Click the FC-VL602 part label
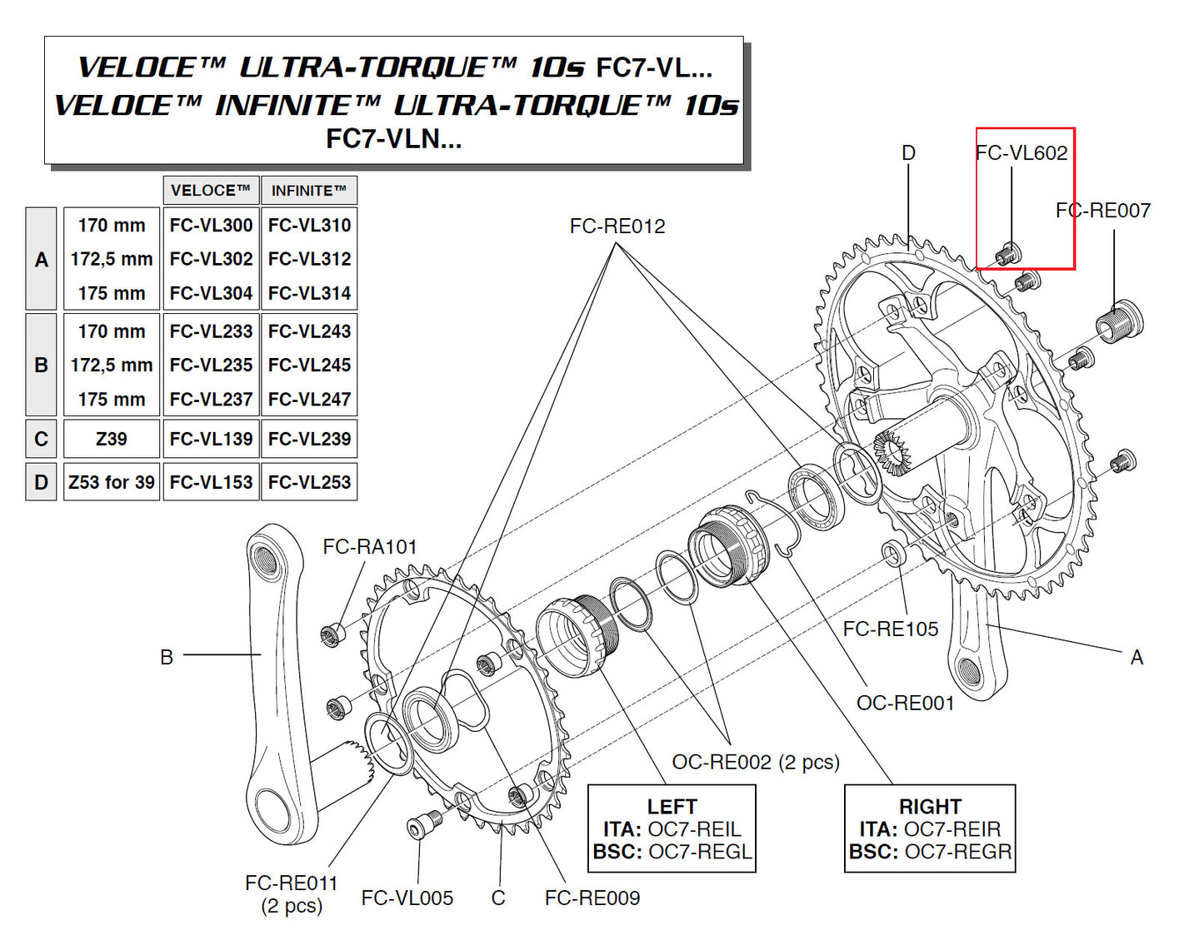[x=1022, y=152]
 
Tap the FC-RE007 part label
[x=1102, y=211]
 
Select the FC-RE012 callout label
[x=617, y=226]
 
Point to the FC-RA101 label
[x=369, y=546]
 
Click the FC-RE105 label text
[x=890, y=629]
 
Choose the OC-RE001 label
[x=905, y=703]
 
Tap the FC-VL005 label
[x=407, y=898]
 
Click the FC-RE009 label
[x=592, y=898]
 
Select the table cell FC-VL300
[x=211, y=225]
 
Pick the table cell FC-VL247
[x=309, y=399]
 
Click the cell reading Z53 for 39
[x=112, y=482]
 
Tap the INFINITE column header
[x=308, y=191]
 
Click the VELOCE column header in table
[x=211, y=191]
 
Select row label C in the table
[x=41, y=439]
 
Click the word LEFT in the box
[x=672, y=806]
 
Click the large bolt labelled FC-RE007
[x=1118, y=321]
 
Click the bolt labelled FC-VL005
[x=421, y=826]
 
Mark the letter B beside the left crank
[x=167, y=657]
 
